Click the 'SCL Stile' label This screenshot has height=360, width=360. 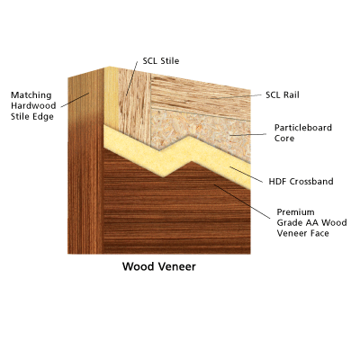(x=161, y=61)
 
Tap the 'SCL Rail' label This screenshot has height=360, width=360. (x=283, y=94)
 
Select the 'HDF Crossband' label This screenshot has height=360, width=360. (x=301, y=182)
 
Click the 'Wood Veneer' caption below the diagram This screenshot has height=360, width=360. (x=159, y=266)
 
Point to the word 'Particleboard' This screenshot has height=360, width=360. (x=303, y=128)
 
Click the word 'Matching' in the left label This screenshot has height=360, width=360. (x=31, y=95)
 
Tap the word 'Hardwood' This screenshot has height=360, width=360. (x=33, y=105)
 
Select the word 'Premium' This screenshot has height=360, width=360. (x=295, y=212)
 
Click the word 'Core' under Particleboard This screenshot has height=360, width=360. (x=284, y=139)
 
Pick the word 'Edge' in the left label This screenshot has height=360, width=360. (x=43, y=117)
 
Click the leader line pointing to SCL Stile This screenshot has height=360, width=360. (x=132, y=78)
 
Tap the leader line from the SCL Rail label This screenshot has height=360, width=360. (x=236, y=96)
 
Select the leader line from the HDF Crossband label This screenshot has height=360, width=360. (x=246, y=175)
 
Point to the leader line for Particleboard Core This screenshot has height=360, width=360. (x=247, y=135)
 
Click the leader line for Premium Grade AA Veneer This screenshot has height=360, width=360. (x=242, y=202)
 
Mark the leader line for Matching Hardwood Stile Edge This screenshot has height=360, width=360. (x=75, y=100)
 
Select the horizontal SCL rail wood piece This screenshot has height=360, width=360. (x=201, y=96)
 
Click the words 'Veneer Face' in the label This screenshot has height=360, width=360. (x=302, y=233)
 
